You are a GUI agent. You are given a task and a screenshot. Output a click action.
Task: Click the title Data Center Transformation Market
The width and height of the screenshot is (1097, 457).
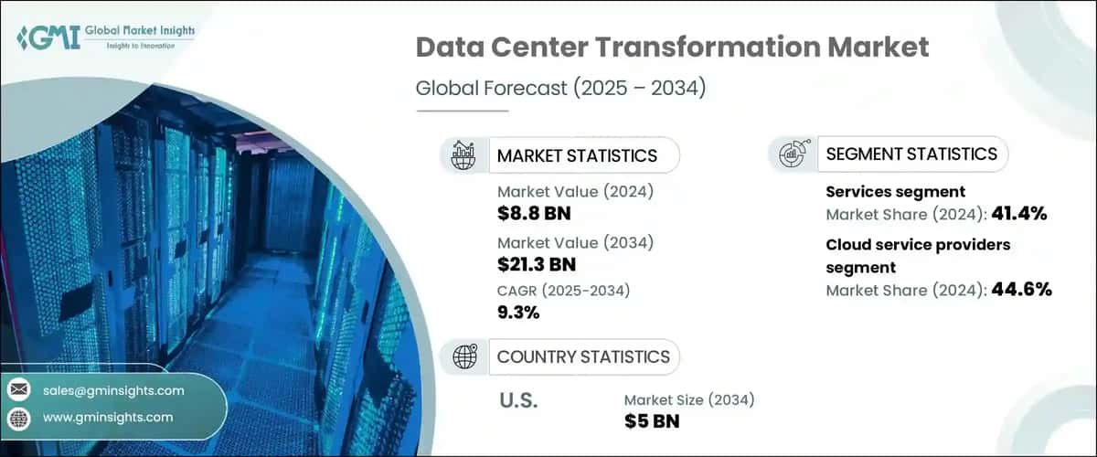tap(672, 48)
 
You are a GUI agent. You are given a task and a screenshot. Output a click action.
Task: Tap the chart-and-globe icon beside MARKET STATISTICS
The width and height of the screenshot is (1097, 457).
tap(464, 155)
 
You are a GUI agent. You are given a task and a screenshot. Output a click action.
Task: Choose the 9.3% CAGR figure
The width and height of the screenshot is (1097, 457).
tap(518, 313)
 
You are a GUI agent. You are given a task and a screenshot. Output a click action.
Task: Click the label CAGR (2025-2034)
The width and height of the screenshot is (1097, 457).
tap(563, 291)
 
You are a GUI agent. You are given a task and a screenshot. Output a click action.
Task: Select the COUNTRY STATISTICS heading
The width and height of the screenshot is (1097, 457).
tap(582, 356)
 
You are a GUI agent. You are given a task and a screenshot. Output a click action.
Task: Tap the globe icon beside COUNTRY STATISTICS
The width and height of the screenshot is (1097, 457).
tap(464, 356)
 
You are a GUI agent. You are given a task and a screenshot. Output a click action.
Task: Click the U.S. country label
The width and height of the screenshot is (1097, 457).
tap(517, 400)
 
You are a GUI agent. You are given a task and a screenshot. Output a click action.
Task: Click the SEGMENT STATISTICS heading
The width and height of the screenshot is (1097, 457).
tap(911, 154)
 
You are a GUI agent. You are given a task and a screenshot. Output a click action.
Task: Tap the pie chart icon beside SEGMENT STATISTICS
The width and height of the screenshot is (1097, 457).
tap(792, 154)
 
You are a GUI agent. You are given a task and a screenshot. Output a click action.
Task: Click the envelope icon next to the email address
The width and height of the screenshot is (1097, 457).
tap(19, 390)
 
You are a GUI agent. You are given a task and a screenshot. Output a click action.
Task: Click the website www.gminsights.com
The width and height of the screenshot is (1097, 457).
tap(107, 417)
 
